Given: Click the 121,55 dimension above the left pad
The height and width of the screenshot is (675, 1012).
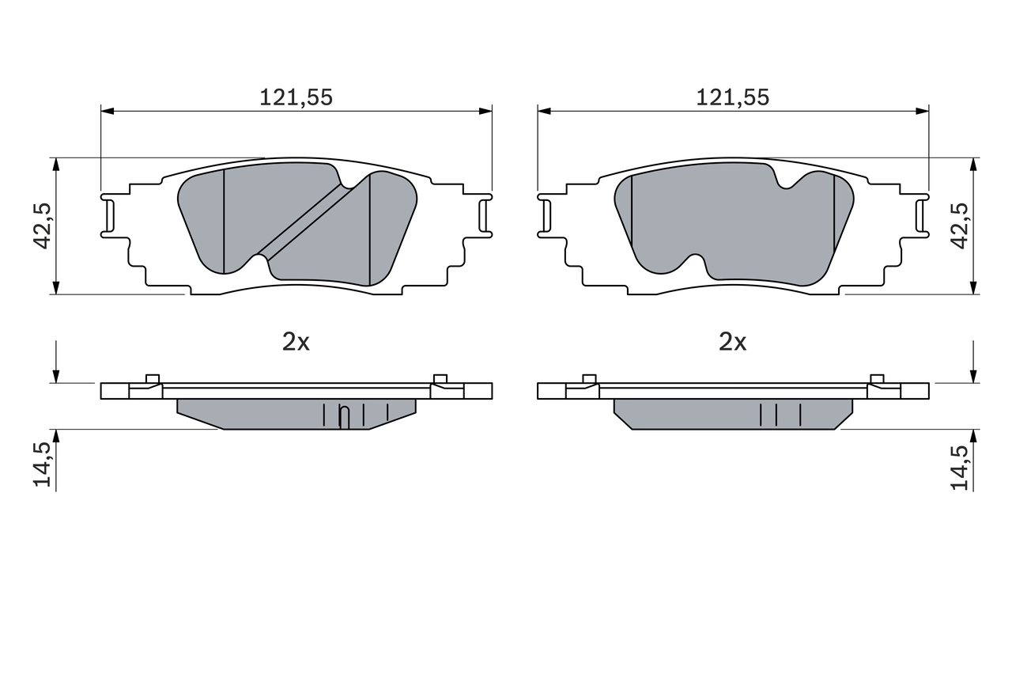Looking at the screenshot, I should coord(296,97).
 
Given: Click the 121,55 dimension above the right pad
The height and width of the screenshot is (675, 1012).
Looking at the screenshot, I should coord(732,97).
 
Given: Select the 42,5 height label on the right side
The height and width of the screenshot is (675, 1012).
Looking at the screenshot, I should coord(960,226).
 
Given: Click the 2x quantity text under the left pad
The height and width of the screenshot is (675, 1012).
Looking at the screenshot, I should coord(296,342).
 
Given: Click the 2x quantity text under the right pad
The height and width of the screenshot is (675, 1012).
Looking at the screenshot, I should coord(732,342).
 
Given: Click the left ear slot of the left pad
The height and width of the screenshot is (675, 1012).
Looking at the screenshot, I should coord(110,214).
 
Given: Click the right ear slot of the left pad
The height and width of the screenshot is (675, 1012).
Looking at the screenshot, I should coord(484,214).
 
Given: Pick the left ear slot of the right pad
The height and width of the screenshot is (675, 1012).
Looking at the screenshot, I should coord(545,214).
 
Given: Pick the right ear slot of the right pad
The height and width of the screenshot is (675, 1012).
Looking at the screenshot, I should coord(920,214).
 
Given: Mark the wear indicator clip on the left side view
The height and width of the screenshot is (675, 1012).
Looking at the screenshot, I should coord(343,417).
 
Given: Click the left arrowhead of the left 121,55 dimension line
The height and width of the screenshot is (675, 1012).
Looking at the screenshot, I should coord(108,111).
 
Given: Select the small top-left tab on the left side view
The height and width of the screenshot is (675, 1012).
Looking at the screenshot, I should coord(153,378).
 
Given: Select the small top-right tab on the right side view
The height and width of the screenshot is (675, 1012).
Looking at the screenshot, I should coord(877,378).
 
